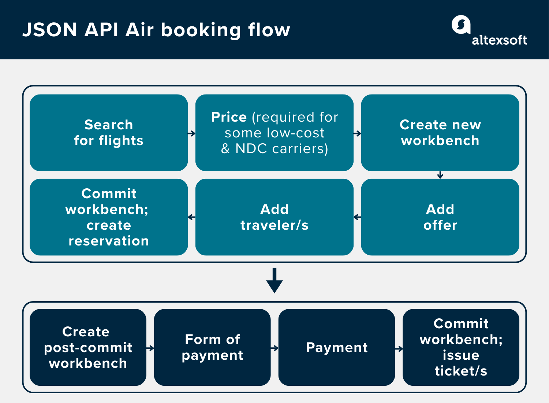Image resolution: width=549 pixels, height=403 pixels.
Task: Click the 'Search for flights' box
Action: point(109,133)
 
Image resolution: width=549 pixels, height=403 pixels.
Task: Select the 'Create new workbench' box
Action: point(440,133)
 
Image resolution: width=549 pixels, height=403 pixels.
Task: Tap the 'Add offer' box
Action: point(440,217)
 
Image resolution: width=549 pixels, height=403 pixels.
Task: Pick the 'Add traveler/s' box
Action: point(274,217)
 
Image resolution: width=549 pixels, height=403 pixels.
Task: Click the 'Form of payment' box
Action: point(212,347)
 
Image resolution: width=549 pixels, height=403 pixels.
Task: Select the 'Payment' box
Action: point(336,347)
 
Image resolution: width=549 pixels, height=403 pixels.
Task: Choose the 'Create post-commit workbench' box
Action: point(88,347)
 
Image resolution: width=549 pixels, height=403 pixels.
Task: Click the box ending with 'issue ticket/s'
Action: point(461,347)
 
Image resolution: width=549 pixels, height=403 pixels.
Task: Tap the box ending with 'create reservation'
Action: point(109,217)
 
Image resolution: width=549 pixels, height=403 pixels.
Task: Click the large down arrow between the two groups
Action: point(274,281)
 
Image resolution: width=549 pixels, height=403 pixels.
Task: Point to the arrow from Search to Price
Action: point(191,134)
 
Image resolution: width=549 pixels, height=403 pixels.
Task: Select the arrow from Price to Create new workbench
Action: point(357,134)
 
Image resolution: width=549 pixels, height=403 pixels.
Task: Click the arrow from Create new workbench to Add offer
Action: point(440,175)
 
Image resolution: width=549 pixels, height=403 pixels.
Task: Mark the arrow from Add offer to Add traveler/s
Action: point(357,217)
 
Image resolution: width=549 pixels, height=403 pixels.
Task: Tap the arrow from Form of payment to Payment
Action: point(274,348)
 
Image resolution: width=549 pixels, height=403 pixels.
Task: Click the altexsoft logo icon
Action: point(461,25)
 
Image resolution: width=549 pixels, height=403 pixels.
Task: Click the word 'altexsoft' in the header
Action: point(499,40)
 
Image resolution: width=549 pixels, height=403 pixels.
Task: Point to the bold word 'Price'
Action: point(229,117)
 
